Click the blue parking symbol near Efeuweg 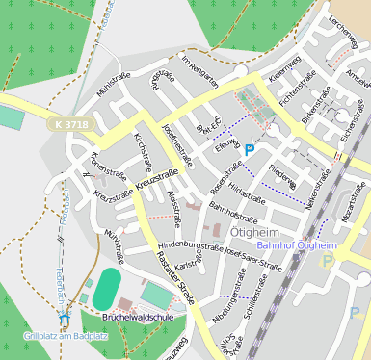pyautogui.click(x=250, y=149)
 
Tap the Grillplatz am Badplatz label pyautogui.click(x=65, y=335)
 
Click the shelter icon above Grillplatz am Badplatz pyautogui.click(x=65, y=315)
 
